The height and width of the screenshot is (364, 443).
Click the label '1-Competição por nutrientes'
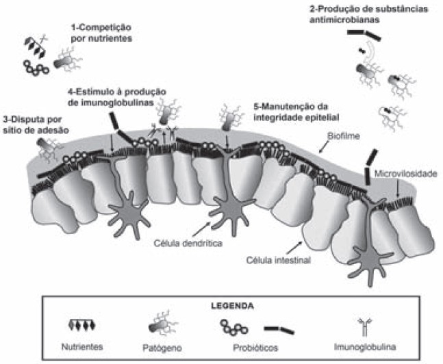101,33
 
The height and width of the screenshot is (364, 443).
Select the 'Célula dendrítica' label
181,241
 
